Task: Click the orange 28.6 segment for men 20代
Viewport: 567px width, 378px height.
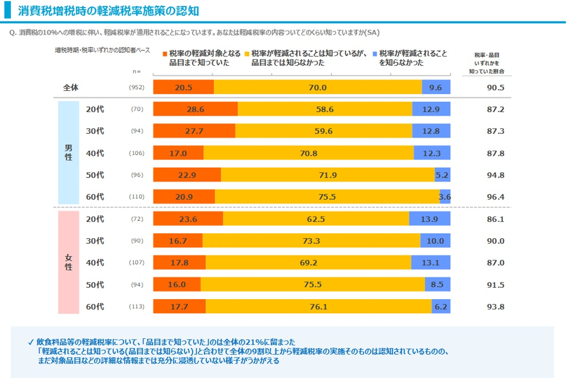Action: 195,109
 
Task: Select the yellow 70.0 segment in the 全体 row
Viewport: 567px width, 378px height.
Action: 318,87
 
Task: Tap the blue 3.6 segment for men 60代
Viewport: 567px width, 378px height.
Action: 445,197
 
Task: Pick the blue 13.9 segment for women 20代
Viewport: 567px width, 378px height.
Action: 429,219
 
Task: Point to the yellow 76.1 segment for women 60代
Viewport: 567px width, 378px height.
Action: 318,307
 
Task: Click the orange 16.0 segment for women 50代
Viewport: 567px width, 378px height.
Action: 177,285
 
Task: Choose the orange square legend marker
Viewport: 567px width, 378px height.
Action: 165,54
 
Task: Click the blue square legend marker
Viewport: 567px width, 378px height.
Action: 375,54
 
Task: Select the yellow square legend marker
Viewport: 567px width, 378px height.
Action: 247,54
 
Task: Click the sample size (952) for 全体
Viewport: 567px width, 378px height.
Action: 137,87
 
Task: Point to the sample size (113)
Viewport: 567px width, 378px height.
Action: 137,307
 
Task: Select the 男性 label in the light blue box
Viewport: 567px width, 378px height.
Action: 69,153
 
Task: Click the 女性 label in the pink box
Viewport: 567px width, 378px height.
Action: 69,262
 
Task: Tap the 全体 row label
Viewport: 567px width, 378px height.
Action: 71,87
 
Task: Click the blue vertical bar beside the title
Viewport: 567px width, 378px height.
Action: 7,10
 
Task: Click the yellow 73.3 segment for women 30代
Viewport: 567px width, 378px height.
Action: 311,241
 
